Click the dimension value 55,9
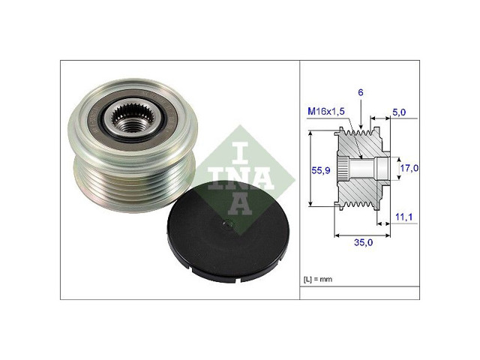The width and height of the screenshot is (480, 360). coord(321,170)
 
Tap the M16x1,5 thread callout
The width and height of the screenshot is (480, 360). coord(326,111)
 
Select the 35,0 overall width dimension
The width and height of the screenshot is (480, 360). coord(363,242)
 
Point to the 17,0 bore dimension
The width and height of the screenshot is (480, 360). coord(409,168)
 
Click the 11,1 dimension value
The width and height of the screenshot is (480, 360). coord(403,217)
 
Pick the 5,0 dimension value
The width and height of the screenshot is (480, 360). coord(399,112)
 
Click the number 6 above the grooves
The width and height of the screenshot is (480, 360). coord(361,92)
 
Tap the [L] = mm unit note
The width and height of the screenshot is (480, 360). coord(318,279)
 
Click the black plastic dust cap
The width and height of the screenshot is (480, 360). coord(228,232)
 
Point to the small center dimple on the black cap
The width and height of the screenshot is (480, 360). coord(226,224)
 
